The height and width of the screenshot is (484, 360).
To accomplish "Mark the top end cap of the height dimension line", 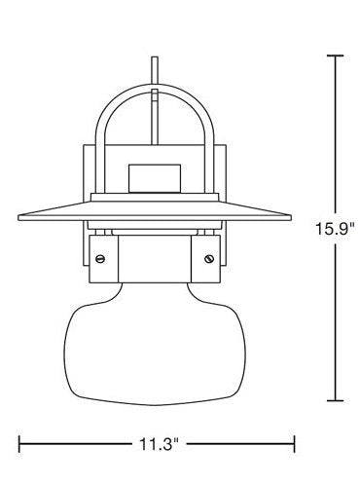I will click(336, 56).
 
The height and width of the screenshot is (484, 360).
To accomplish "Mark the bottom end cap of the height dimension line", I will click(336, 400).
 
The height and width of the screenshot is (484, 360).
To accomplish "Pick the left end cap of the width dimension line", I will click(18, 445).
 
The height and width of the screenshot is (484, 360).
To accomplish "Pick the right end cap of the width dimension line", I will click(295, 445).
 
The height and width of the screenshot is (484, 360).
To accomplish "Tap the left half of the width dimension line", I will click(73, 445).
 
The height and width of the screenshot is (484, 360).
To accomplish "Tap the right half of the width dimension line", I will click(238, 445).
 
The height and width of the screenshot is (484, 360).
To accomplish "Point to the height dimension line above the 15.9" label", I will click(336, 136).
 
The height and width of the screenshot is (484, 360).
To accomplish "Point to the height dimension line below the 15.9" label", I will click(336, 321).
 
